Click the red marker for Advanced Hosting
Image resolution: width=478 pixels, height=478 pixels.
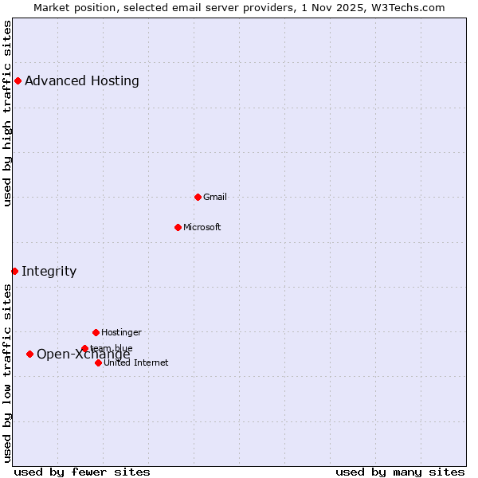[x=18, y=80]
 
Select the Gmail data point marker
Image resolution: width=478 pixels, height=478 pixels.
[x=198, y=197]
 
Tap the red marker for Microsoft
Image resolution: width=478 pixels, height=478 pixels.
[x=178, y=227]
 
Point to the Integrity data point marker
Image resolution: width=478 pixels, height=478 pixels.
[x=14, y=271]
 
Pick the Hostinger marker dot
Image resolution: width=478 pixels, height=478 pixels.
[x=96, y=332]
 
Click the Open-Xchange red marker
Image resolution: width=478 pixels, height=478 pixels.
[x=29, y=354]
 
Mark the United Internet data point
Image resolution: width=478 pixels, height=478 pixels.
[x=98, y=362]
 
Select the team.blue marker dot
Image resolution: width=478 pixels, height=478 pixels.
[x=84, y=348]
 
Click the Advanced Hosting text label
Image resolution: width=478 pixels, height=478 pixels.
[x=82, y=80]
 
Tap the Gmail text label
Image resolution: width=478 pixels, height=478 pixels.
[x=215, y=197]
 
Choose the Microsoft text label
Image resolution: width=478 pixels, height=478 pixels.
[x=202, y=227]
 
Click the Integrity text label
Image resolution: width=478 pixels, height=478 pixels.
[x=49, y=271]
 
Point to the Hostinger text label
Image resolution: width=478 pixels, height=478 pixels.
[x=121, y=332]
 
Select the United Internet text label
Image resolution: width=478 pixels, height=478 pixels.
[x=136, y=362]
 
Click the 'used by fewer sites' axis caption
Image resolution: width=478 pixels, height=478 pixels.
[x=82, y=472]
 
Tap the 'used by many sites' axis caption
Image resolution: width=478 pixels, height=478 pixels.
[x=400, y=472]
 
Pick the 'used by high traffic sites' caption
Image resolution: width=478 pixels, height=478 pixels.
[x=7, y=113]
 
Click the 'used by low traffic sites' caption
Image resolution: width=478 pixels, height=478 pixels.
[x=7, y=373]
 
